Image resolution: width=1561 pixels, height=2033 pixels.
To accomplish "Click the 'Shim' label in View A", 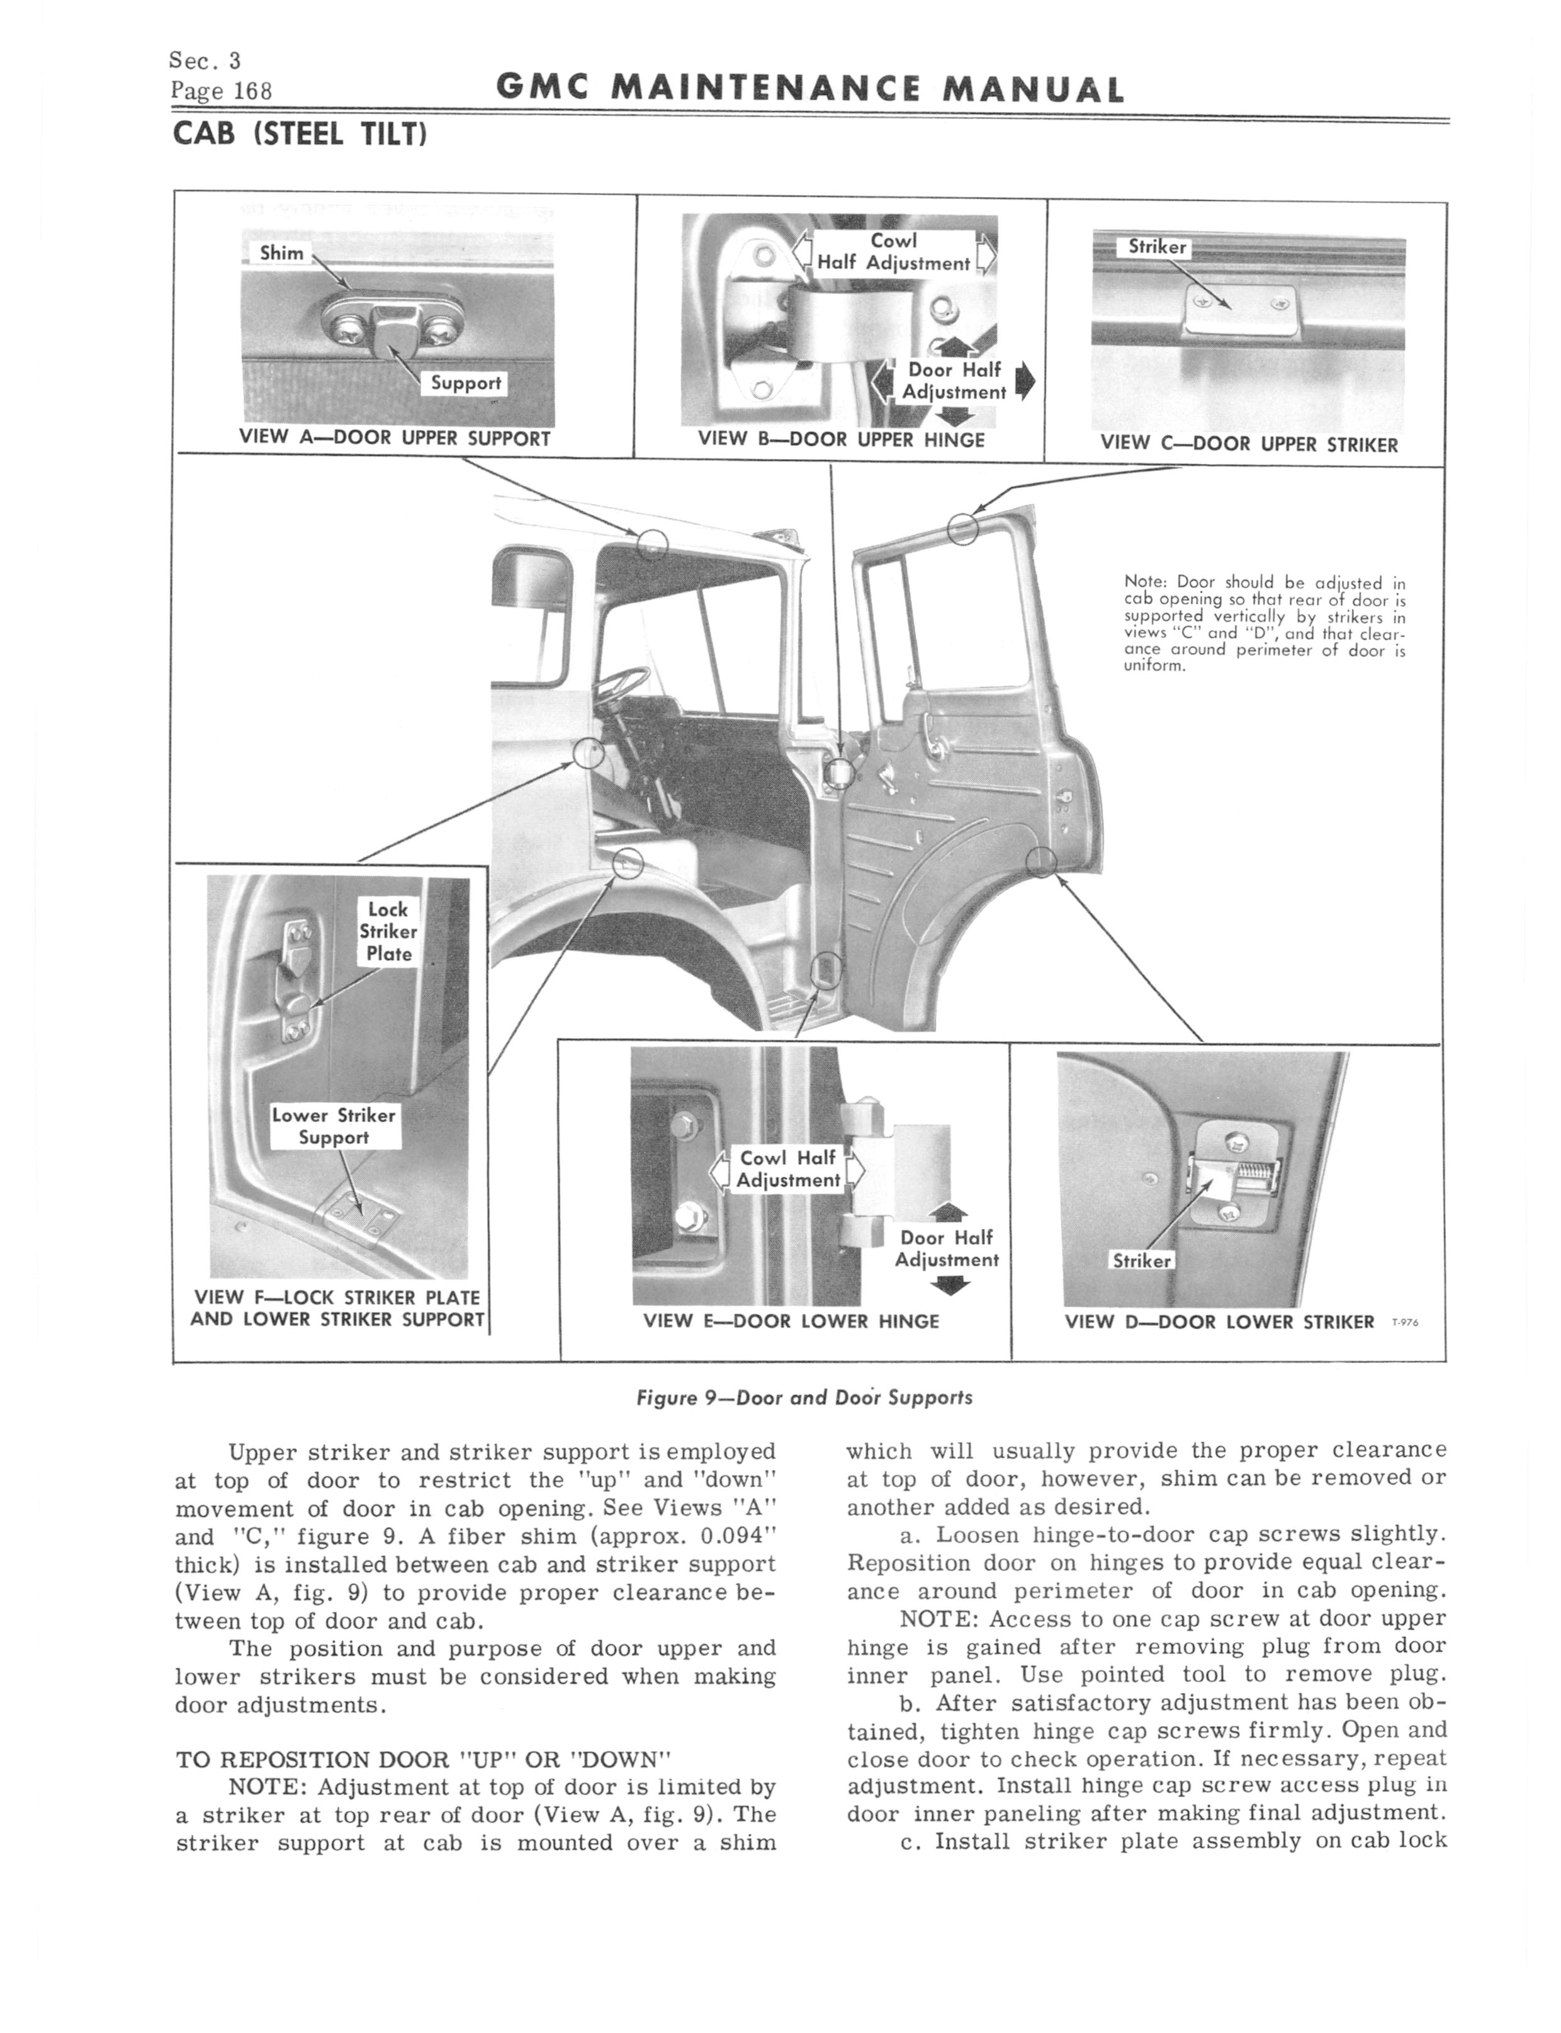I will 281,252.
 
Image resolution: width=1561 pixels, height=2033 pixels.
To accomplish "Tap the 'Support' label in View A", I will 465,383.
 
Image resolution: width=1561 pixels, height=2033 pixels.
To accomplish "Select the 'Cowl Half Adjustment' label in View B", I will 893,252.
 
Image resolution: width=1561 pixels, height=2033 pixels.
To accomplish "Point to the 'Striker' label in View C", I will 1157,247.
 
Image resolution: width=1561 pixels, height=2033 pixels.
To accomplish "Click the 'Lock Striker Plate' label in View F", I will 388,931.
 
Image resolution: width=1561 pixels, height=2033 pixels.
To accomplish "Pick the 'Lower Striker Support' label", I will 334,1126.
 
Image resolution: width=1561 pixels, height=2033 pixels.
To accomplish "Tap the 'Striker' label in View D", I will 1141,1261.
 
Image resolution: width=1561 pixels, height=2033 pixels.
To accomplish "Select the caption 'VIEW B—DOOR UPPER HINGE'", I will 841,441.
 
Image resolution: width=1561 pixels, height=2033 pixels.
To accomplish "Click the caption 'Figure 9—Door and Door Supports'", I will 804,1398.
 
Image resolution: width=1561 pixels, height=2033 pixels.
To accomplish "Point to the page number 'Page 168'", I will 220,91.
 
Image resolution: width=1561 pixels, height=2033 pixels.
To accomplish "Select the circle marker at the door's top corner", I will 962,529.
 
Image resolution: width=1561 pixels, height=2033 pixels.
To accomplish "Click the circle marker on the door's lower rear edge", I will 1042,863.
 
